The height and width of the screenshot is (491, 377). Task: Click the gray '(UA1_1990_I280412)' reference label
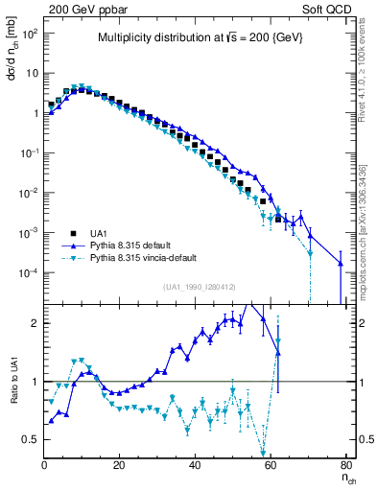(200, 287)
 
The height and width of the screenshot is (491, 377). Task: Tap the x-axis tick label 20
(119, 466)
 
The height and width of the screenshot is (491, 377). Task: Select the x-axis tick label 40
(195, 466)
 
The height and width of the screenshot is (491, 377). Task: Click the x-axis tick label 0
(44, 466)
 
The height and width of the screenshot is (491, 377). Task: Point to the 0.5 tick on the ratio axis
(32, 440)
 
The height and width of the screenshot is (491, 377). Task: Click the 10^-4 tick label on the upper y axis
(29, 273)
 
